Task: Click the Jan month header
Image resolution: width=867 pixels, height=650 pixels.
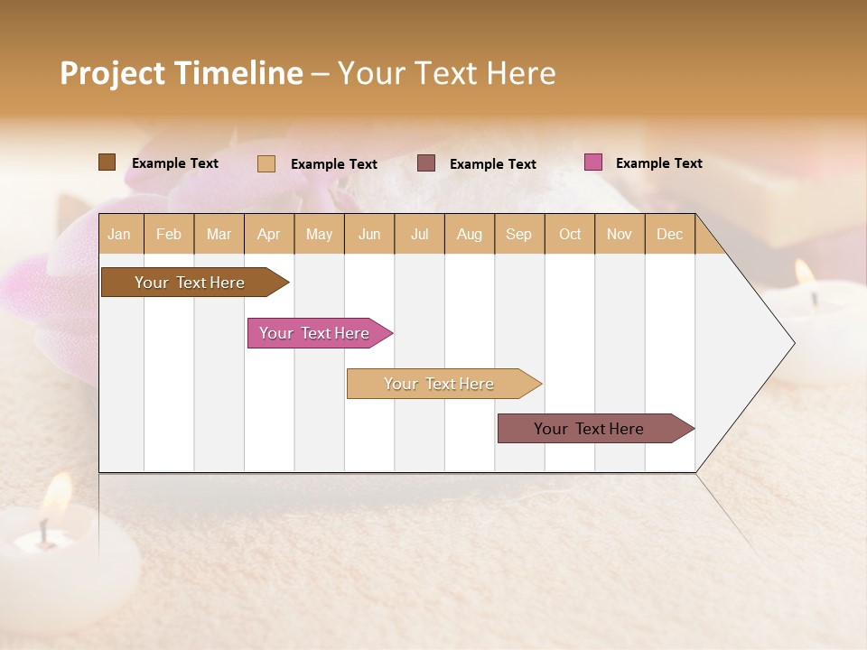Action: click(x=120, y=234)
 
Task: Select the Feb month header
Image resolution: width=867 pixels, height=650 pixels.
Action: click(x=169, y=234)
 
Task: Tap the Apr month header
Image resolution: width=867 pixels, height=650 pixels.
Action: click(x=269, y=234)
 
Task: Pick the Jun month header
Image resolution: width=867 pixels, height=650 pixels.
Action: click(x=369, y=234)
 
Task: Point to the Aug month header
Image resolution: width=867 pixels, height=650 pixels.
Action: click(x=470, y=234)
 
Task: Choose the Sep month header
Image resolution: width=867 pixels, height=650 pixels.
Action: click(x=519, y=234)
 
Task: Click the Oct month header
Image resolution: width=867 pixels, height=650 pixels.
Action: click(x=570, y=234)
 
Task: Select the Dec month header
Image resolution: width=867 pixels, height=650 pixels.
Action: click(x=670, y=234)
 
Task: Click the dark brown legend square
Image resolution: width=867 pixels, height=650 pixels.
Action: click(x=107, y=162)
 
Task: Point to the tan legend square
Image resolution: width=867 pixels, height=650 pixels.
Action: click(x=266, y=163)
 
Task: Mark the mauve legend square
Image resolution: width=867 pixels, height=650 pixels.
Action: click(x=426, y=162)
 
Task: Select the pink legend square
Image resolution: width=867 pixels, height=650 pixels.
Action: click(x=592, y=162)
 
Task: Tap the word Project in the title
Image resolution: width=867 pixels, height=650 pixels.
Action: click(x=114, y=73)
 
